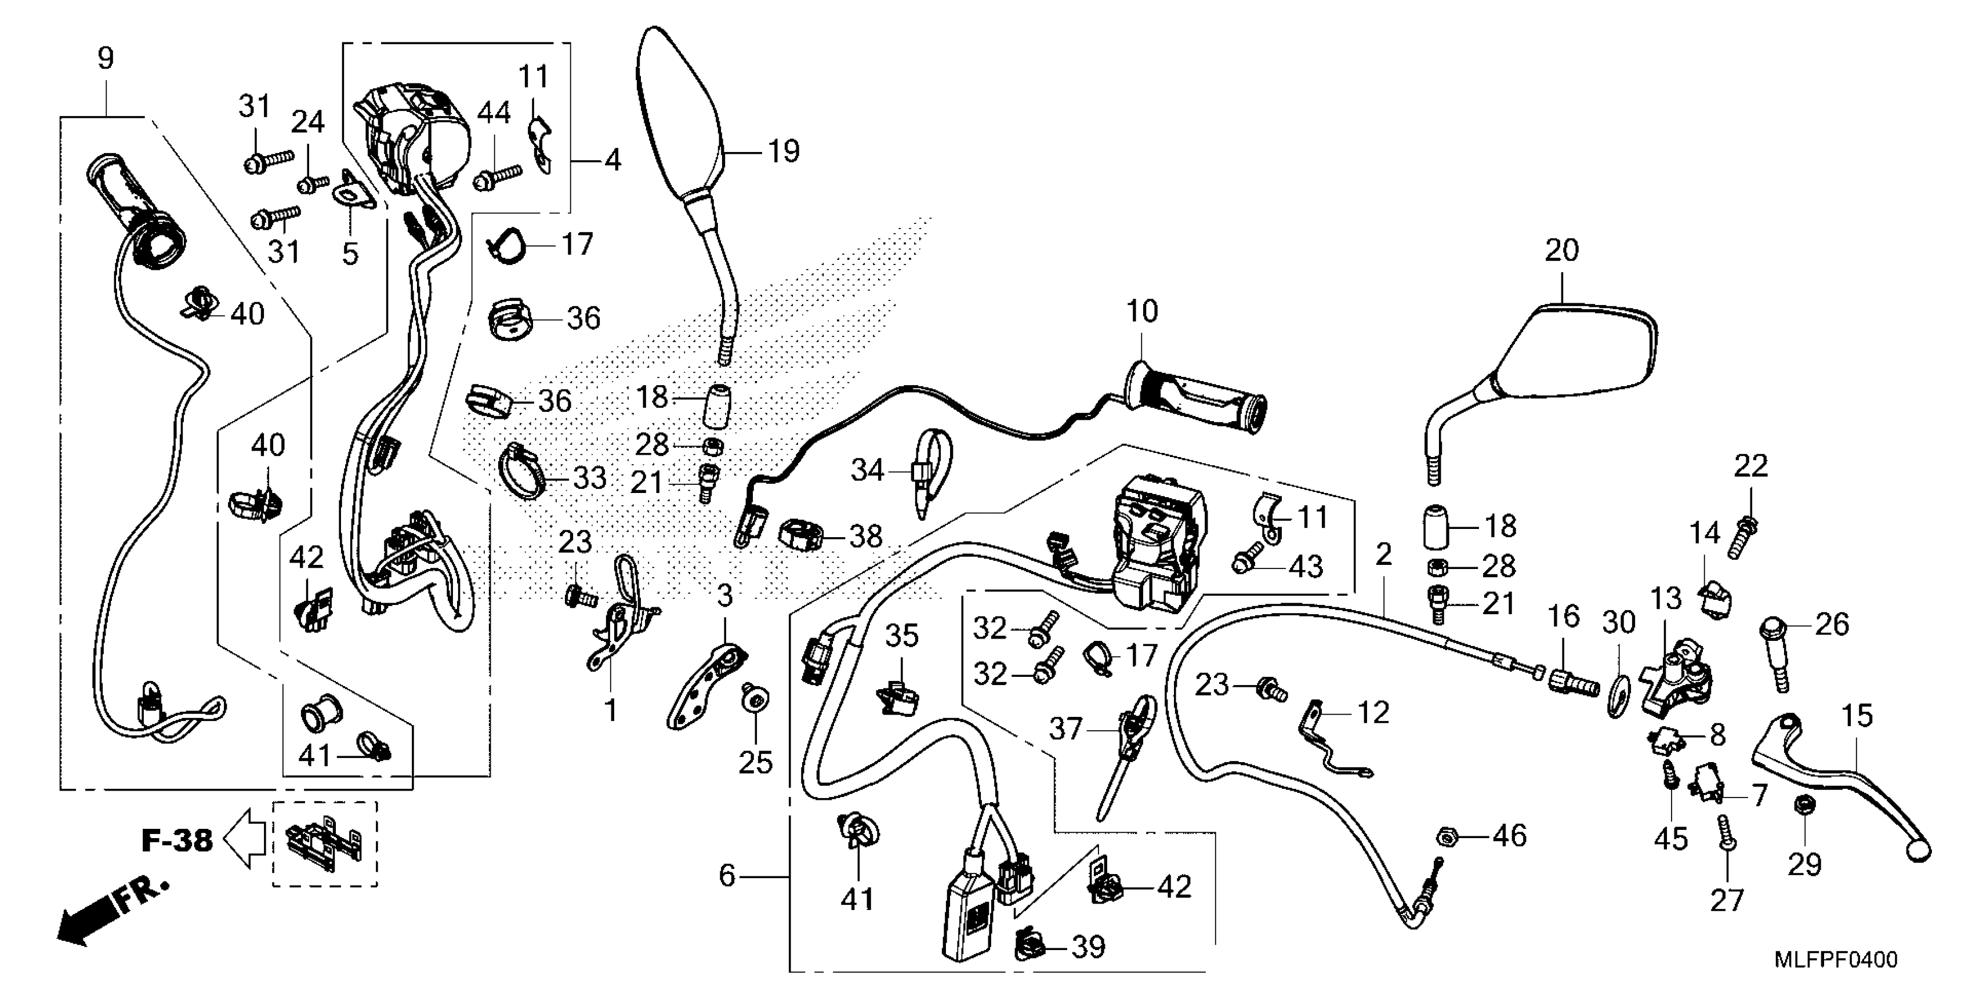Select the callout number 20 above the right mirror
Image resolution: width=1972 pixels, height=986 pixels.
1562,251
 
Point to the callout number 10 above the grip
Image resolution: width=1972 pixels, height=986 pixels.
1141,311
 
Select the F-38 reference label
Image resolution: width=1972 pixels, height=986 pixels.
177,840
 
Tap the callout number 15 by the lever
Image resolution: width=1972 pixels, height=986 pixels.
1857,716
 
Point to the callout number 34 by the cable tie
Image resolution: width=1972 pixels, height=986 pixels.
867,470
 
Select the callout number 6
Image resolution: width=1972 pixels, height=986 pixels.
727,875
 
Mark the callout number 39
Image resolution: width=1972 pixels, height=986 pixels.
1088,948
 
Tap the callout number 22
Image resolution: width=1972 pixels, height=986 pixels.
1751,466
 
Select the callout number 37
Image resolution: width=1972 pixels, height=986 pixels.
1065,729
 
